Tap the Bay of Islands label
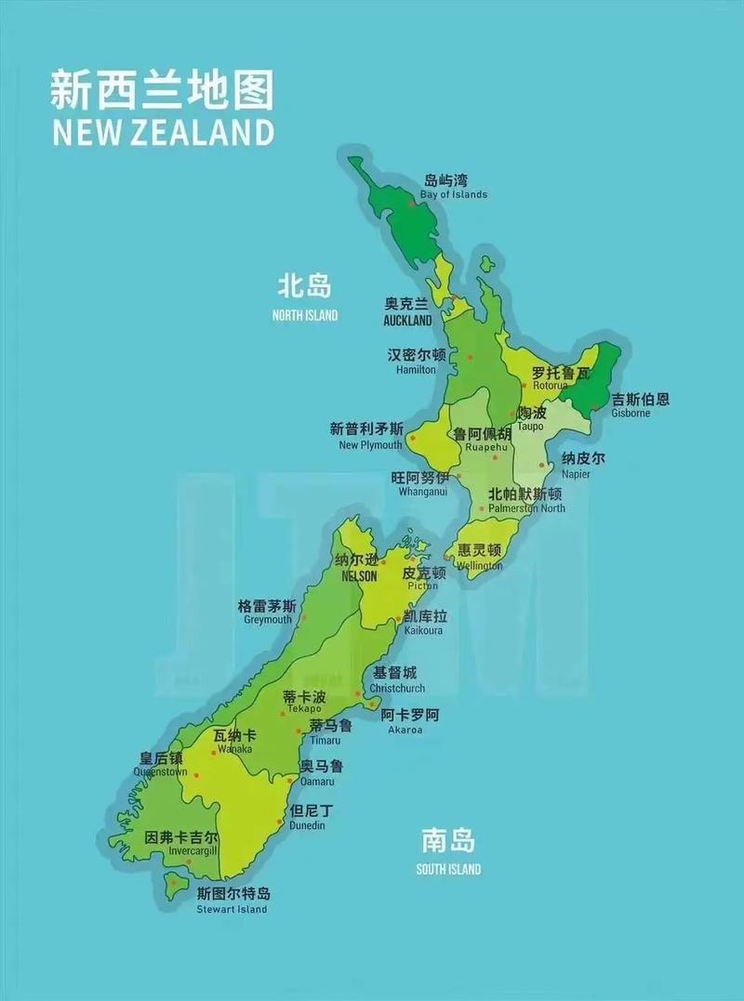[453, 194]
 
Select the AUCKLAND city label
[407, 321]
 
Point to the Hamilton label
[416, 369]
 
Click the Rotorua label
[550, 385]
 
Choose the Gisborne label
[631, 413]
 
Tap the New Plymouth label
[370, 445]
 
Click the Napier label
[576, 474]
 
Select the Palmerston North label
[526, 508]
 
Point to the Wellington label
[479, 565]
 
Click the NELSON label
[359, 576]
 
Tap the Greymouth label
[268, 620]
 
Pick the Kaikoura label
[423, 630]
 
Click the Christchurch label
[397, 689]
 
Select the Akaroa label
[405, 730]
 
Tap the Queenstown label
[160, 771]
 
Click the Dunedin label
[308, 825]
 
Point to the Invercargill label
[180, 850]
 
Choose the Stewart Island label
[232, 909]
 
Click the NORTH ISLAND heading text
[305, 315]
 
